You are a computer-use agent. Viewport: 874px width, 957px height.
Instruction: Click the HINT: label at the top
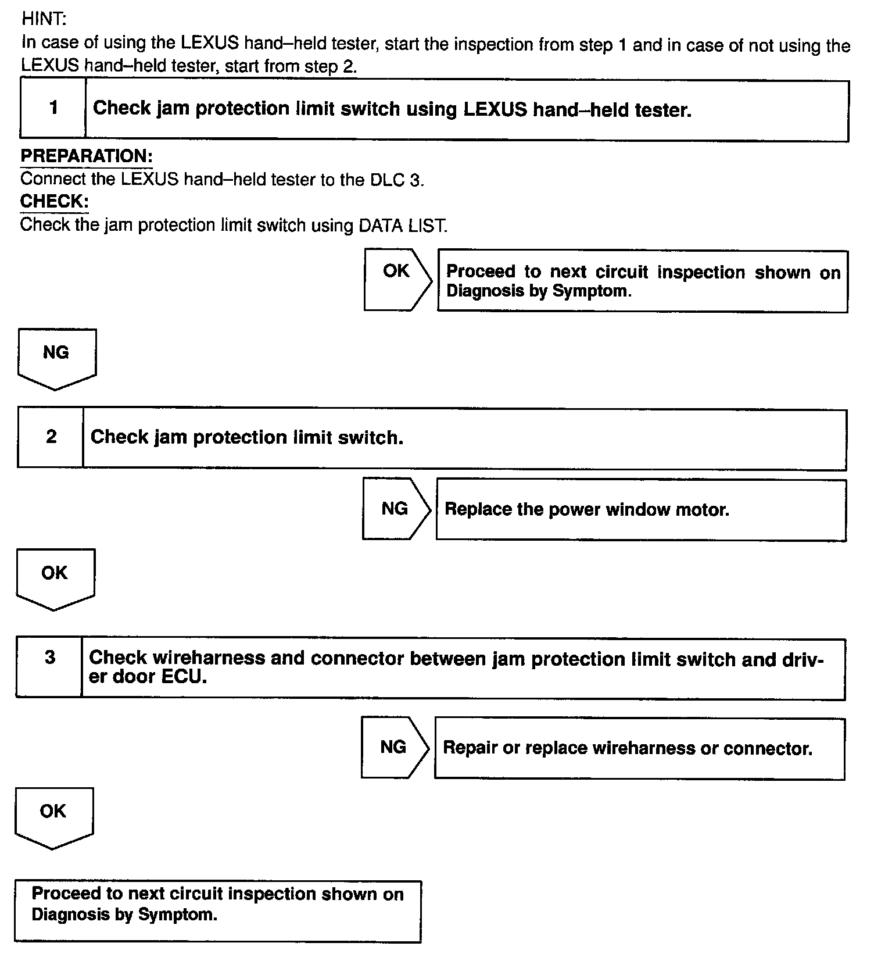tap(44, 19)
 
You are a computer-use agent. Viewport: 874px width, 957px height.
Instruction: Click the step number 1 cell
tap(53, 108)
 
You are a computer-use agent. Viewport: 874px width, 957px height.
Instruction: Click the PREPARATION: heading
tap(86, 156)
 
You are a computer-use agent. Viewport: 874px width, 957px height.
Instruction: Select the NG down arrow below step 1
tap(56, 356)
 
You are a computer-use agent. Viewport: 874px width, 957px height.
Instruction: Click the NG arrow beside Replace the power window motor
tap(395, 509)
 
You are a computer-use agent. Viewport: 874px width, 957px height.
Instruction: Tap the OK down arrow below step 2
tap(55, 576)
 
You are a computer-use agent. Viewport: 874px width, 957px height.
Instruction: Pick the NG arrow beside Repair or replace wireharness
tap(394, 747)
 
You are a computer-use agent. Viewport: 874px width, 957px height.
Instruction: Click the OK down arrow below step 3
tap(53, 815)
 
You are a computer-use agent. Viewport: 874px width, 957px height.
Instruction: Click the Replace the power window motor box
tap(640, 510)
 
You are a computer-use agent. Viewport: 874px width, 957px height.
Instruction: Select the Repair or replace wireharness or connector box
tap(639, 748)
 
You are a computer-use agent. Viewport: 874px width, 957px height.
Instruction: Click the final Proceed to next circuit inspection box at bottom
tap(217, 910)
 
